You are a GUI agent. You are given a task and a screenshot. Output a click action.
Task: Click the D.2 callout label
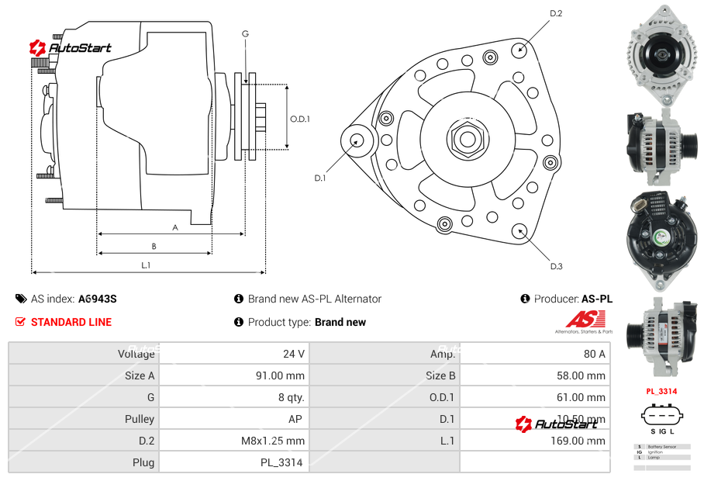(556, 13)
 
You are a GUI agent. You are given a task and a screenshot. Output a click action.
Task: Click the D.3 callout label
(556, 267)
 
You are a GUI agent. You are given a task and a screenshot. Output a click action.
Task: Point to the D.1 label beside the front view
(319, 178)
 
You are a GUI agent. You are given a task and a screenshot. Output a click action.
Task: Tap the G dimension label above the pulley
(245, 33)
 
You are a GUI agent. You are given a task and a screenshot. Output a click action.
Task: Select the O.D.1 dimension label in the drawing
(300, 119)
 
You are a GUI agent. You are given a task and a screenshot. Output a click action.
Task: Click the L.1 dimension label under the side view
(146, 265)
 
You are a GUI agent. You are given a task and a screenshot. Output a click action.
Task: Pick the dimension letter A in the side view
(175, 227)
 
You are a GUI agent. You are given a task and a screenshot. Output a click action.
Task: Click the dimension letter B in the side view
(154, 247)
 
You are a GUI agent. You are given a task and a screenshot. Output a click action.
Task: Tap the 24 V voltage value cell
(293, 354)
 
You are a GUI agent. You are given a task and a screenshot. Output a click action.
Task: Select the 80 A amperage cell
(594, 354)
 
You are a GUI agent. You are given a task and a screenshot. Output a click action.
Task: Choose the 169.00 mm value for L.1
(583, 441)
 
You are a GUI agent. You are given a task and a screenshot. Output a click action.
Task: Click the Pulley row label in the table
(140, 419)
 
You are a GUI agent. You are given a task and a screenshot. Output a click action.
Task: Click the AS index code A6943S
(97, 299)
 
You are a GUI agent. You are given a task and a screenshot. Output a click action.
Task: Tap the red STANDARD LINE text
(71, 322)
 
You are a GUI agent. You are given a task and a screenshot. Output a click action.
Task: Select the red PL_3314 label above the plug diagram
(661, 392)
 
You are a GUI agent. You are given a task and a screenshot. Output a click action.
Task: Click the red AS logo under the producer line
(585, 320)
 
